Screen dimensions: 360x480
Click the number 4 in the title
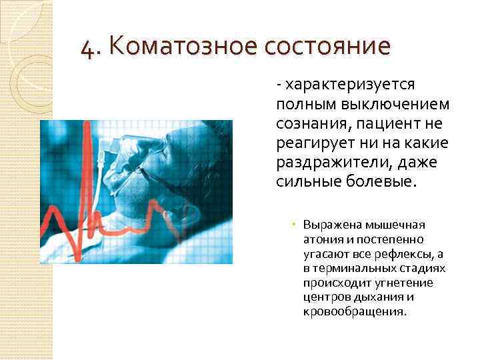tap(86, 49)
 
